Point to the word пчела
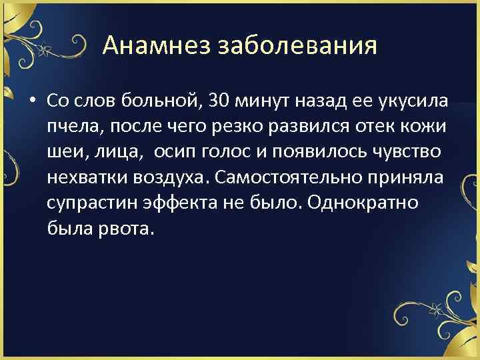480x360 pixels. [x=67, y=127]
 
